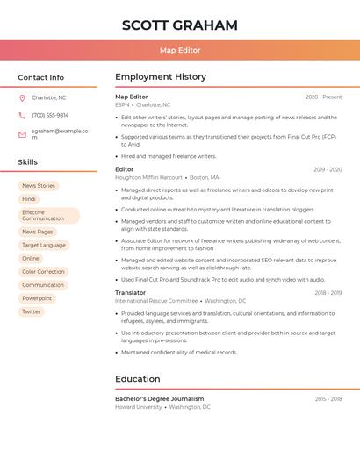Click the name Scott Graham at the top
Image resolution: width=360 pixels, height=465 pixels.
pos(180,25)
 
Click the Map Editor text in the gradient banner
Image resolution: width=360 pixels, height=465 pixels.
pos(180,51)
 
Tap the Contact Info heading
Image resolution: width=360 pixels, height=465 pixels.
pos(40,77)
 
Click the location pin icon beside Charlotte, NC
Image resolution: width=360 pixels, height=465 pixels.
pos(22,97)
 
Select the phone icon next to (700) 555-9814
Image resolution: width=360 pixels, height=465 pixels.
pos(22,115)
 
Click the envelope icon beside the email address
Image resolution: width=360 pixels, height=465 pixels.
pos(22,133)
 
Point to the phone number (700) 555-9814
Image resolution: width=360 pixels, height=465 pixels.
pos(50,115)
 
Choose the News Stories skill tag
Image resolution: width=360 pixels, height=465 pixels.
pos(39,186)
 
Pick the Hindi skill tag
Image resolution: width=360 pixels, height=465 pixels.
pos(29,199)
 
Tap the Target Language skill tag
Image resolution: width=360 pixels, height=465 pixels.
pos(44,246)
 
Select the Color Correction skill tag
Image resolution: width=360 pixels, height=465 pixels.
pos(43,272)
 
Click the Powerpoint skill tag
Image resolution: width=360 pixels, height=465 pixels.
pos(37,298)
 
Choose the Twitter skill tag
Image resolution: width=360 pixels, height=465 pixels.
pos(32,311)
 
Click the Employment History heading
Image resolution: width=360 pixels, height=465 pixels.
pos(161,77)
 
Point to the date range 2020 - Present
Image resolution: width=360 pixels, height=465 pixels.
pos(323,97)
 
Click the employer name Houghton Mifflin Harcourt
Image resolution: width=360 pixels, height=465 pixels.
pos(148,177)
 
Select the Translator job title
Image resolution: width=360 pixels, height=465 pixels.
pos(131,292)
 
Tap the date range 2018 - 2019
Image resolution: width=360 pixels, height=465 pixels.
pos(328,293)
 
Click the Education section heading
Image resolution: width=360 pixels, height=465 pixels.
pos(138,379)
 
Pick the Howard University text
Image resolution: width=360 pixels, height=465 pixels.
pos(139,407)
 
